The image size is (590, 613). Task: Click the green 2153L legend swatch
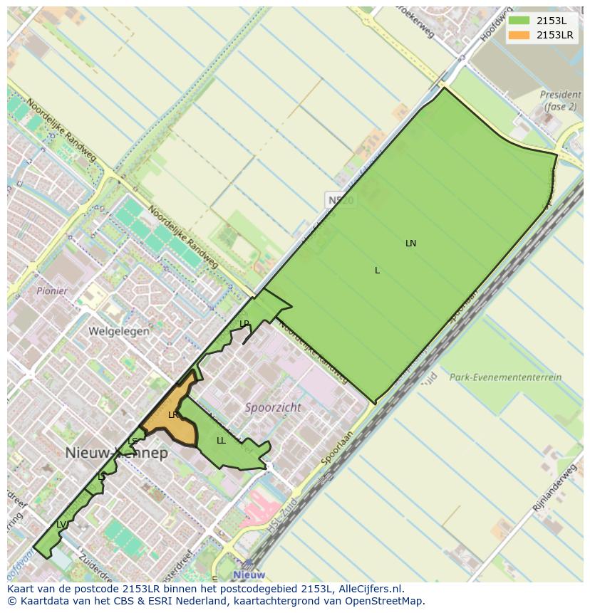(x=519, y=21)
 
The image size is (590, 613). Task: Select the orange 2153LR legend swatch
(x=519, y=35)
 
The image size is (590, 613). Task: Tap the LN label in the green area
(x=410, y=243)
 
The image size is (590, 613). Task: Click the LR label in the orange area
(x=173, y=415)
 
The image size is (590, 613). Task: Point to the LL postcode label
(x=221, y=441)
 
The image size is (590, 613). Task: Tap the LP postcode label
(x=244, y=324)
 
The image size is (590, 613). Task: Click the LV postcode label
(x=61, y=525)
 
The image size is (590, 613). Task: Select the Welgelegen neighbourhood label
(x=119, y=331)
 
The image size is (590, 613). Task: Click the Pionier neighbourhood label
(x=52, y=291)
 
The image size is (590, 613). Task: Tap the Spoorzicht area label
(x=272, y=408)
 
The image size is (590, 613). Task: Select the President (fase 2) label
(x=560, y=100)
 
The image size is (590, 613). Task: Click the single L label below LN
(x=377, y=271)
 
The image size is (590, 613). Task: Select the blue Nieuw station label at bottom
(x=249, y=575)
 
